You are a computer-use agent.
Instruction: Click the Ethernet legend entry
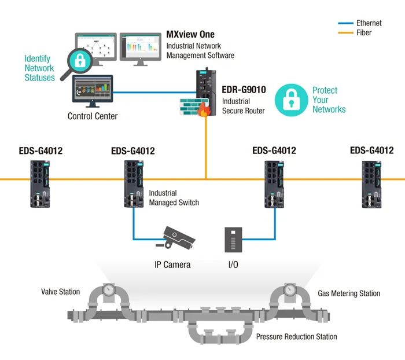pos(369,23)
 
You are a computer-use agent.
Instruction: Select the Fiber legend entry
pos(364,33)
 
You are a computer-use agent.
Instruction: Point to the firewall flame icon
pos(203,110)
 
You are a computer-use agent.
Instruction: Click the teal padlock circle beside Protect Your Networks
pos(292,100)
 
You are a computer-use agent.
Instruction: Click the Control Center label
pos(93,116)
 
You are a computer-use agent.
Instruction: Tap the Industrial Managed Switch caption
pos(174,198)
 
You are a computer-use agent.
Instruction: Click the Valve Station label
pos(60,292)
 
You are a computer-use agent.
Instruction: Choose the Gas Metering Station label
pos(349,293)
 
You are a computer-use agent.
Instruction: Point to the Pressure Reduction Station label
pos(296,336)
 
